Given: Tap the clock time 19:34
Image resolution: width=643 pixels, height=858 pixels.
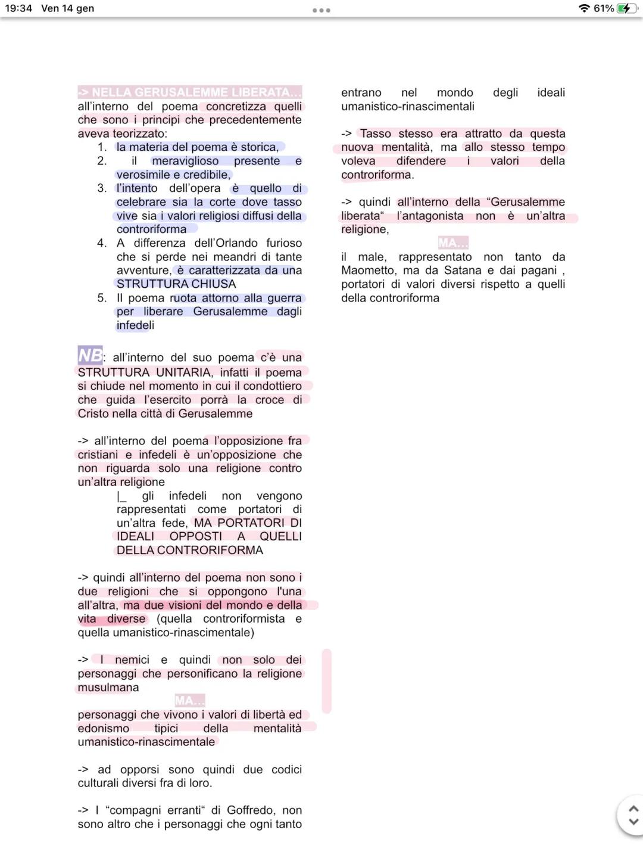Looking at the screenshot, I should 18,8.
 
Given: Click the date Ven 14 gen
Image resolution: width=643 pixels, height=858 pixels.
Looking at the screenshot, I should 67,8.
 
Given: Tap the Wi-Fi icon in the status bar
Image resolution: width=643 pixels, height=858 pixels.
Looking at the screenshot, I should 584,8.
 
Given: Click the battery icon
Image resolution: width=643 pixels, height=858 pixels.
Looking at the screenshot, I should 627,8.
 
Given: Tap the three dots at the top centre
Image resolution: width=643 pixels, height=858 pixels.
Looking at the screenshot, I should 321,10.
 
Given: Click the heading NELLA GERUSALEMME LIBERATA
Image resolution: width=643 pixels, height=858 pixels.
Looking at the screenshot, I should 189,92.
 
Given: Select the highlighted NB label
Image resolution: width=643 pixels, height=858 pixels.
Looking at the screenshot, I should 90,355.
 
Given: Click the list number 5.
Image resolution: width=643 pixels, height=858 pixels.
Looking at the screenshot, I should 102,298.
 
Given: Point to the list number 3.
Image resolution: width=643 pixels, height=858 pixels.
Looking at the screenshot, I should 102,188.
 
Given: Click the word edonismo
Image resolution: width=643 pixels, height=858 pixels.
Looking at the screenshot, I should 103,729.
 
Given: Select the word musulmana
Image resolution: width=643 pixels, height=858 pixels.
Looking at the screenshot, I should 108,688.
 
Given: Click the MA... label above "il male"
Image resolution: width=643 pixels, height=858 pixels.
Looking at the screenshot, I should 453,243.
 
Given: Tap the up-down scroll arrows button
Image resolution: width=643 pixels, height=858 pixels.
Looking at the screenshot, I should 633,815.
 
